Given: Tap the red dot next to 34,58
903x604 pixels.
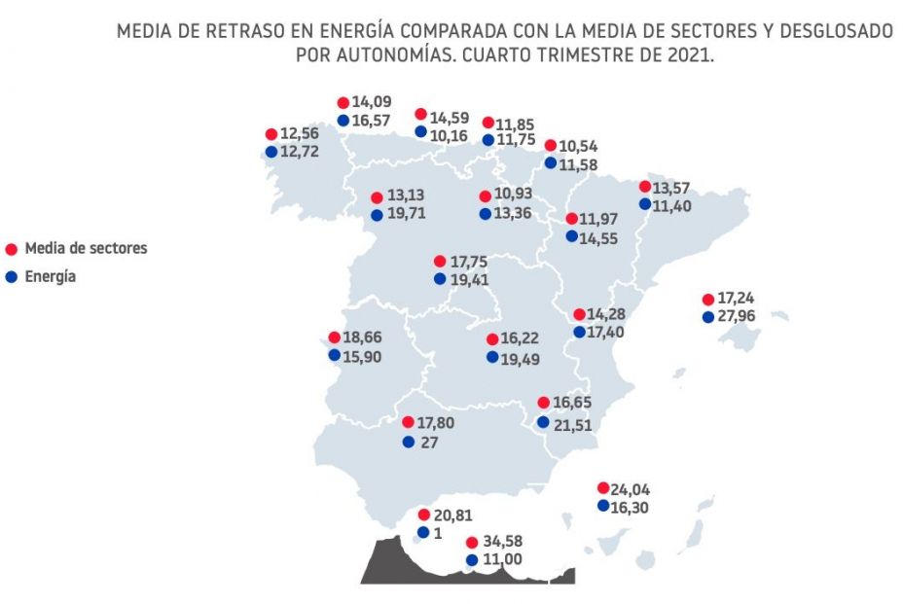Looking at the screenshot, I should pos(472,542).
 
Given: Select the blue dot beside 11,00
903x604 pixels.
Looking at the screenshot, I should pos(472,560).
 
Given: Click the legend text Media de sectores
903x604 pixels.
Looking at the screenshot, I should pos(86,248).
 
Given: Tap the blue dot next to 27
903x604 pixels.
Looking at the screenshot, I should pos(409,442).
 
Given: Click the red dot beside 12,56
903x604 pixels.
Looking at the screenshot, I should pos(271,135).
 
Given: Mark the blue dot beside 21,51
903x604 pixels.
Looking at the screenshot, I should pos(543,422).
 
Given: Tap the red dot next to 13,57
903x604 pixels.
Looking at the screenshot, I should pos(645,186).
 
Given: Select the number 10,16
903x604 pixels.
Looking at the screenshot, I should pos(451,135).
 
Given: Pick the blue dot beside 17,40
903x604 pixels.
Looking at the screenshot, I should pos(579,332).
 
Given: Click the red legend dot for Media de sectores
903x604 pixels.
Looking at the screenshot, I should pos(11,249).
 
